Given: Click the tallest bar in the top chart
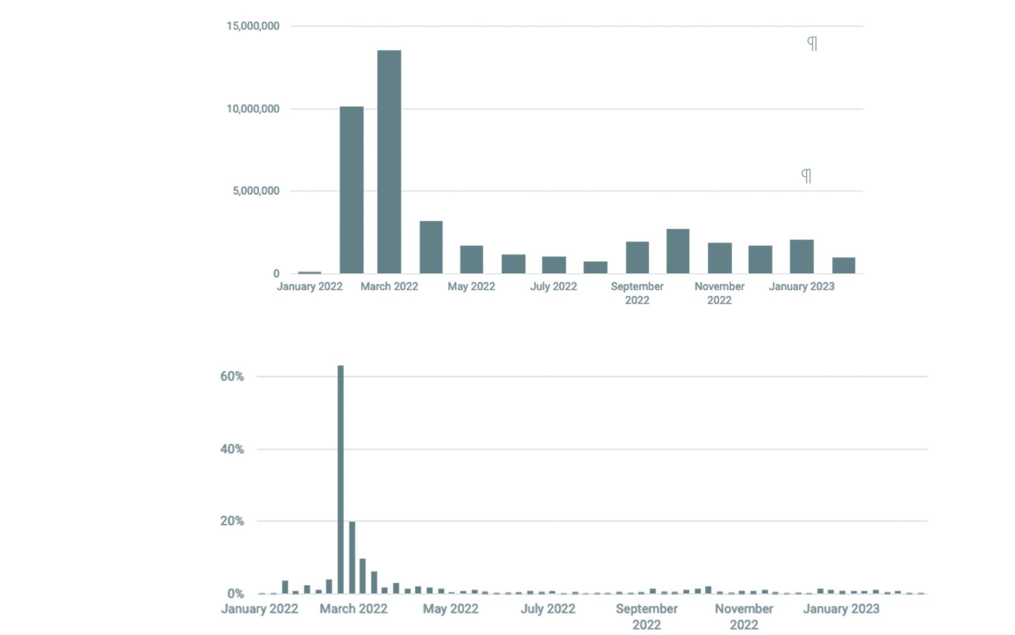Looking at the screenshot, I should [x=389, y=161].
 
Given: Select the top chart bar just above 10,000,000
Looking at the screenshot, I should [x=351, y=190].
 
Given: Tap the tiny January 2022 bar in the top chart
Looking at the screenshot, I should [x=309, y=272].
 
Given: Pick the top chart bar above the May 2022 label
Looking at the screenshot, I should [x=471, y=259].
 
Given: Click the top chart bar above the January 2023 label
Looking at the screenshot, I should [x=801, y=256].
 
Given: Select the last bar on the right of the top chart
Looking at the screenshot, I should [x=843, y=265].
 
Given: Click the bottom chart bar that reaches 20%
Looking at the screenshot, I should [x=352, y=557].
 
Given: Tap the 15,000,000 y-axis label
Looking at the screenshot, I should [x=253, y=26].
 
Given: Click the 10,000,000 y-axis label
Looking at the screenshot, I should [x=253, y=109].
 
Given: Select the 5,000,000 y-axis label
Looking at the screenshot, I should [x=256, y=191].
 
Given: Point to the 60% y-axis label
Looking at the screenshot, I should [x=232, y=376].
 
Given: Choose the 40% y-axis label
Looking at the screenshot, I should [x=232, y=449].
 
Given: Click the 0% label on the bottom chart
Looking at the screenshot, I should [x=235, y=594].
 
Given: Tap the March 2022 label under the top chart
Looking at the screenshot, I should [x=389, y=286].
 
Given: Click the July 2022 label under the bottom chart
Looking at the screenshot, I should [x=548, y=609].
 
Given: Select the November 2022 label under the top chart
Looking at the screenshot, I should [x=719, y=293].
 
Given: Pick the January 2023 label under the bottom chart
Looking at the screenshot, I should [x=841, y=609].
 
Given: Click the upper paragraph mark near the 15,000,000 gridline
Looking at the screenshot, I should [x=812, y=44].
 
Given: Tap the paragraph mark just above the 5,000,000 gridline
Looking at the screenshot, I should [x=806, y=176].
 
